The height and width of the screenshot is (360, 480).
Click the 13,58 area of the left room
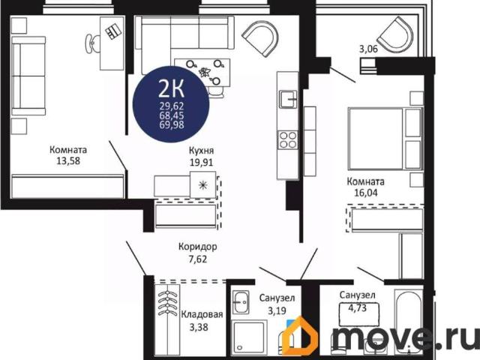tap(68, 160)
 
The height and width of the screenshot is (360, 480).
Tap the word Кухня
tap(201, 150)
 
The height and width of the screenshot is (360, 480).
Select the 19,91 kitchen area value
tap(201, 162)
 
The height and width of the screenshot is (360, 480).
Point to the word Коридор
tap(198, 247)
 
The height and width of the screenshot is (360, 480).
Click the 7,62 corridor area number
tap(198, 259)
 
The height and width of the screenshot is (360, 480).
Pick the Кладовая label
tap(202, 314)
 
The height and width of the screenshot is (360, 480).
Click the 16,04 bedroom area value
tap(366, 193)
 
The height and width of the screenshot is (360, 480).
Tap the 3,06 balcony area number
tap(368, 49)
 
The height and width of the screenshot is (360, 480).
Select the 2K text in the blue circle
tap(171, 88)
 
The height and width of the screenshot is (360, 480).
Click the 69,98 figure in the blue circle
tap(172, 124)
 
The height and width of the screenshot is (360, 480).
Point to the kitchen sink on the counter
tap(288, 99)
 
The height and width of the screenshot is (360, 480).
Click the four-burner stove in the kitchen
tap(288, 140)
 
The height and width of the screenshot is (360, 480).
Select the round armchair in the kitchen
tap(260, 38)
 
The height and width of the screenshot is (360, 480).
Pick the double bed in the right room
tap(385, 138)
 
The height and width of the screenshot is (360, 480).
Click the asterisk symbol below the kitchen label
tap(202, 185)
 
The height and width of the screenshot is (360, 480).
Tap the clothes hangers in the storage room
tap(167, 303)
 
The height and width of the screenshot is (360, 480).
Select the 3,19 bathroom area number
tap(277, 310)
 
